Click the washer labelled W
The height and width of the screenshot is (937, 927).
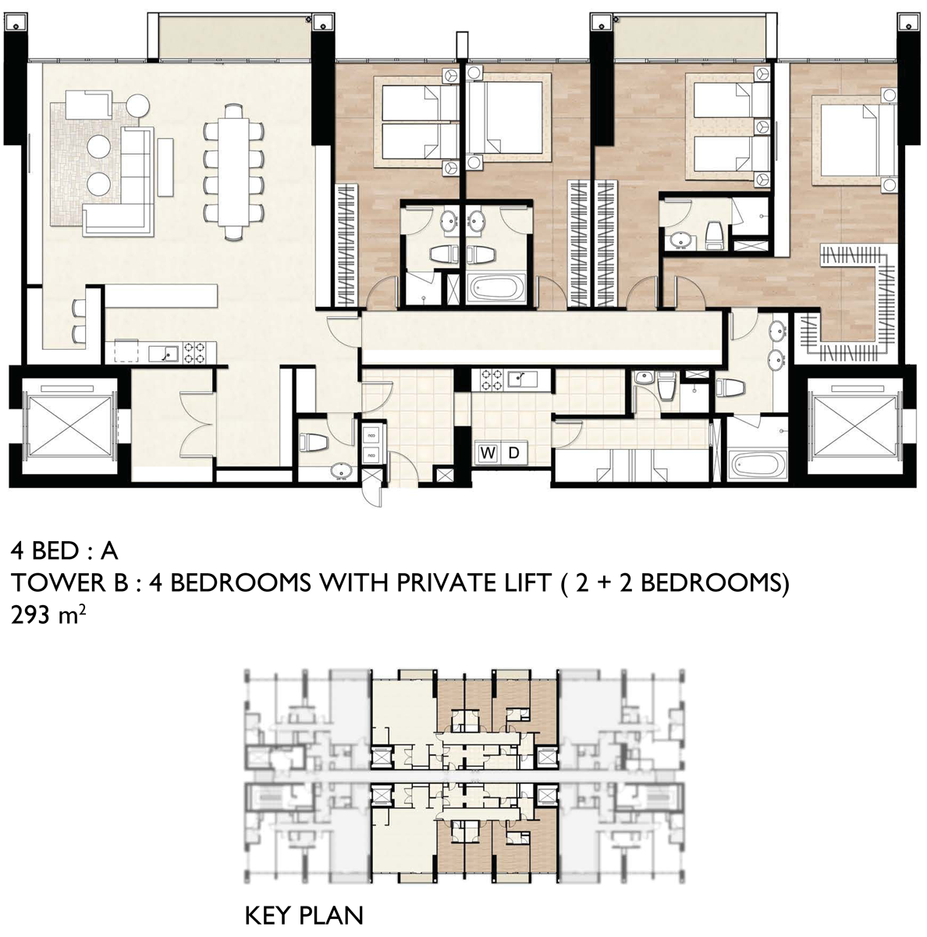[487, 452]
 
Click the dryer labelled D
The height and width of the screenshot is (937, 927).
[513, 452]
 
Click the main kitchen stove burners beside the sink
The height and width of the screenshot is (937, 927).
[194, 352]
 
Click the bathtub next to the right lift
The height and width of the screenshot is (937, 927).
[758, 463]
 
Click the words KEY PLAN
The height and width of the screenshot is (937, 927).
[304, 916]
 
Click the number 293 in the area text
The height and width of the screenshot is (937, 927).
[30, 615]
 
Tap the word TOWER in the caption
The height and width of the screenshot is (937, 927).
[59, 583]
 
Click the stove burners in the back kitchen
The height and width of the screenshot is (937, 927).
[492, 380]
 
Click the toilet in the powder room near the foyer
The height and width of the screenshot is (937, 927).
[314, 442]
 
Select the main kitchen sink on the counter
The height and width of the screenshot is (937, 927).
[163, 353]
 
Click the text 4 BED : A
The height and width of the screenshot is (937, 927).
[64, 551]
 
